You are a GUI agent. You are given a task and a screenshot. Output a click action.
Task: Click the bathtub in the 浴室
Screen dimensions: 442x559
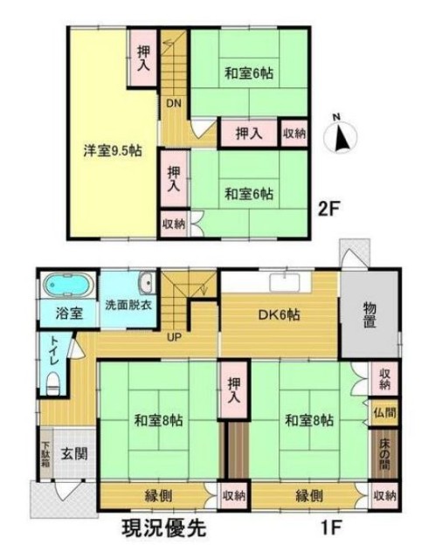[68, 285]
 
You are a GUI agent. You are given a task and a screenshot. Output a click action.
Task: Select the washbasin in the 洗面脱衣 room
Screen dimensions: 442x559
[147, 283]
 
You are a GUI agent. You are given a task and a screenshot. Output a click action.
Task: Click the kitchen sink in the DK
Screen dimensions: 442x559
[285, 283]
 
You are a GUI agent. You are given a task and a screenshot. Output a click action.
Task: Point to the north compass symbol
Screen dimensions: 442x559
[341, 135]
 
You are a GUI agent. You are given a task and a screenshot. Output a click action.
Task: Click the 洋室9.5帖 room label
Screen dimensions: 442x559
[113, 151]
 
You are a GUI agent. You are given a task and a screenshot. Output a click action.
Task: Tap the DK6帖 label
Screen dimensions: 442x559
[280, 314]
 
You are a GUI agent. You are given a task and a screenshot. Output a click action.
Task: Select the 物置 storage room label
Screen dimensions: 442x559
[369, 314]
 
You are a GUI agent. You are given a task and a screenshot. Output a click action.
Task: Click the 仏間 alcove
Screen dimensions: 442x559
[384, 413]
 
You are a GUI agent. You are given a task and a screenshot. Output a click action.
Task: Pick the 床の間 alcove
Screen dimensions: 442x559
[384, 454]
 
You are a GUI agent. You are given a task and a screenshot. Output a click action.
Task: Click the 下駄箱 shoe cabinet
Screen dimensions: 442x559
[45, 454]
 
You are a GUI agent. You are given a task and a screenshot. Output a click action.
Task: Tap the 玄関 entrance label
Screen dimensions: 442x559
[74, 454]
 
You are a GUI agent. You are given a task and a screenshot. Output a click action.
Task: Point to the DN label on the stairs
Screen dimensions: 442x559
[175, 103]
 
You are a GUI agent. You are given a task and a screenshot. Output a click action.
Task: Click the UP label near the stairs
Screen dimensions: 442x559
[175, 336]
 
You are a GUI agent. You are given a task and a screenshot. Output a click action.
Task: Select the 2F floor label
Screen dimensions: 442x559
[328, 210]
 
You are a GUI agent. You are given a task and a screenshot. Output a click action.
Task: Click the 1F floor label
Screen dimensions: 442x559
[332, 528]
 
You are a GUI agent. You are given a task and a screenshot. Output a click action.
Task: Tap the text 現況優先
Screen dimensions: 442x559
[164, 528]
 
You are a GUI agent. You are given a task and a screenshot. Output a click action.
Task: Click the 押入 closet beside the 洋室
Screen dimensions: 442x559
[143, 59]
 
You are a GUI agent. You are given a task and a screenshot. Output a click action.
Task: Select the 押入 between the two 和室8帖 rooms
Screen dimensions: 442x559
[234, 390]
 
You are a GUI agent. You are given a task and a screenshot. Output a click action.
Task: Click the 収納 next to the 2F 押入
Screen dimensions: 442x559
[294, 134]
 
